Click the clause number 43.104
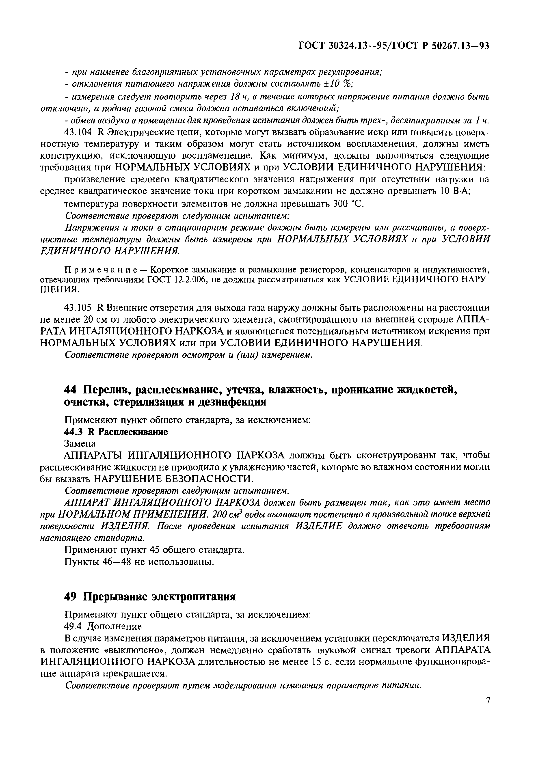click(x=78, y=132)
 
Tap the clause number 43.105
click(x=78, y=308)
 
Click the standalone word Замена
click(x=80, y=444)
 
